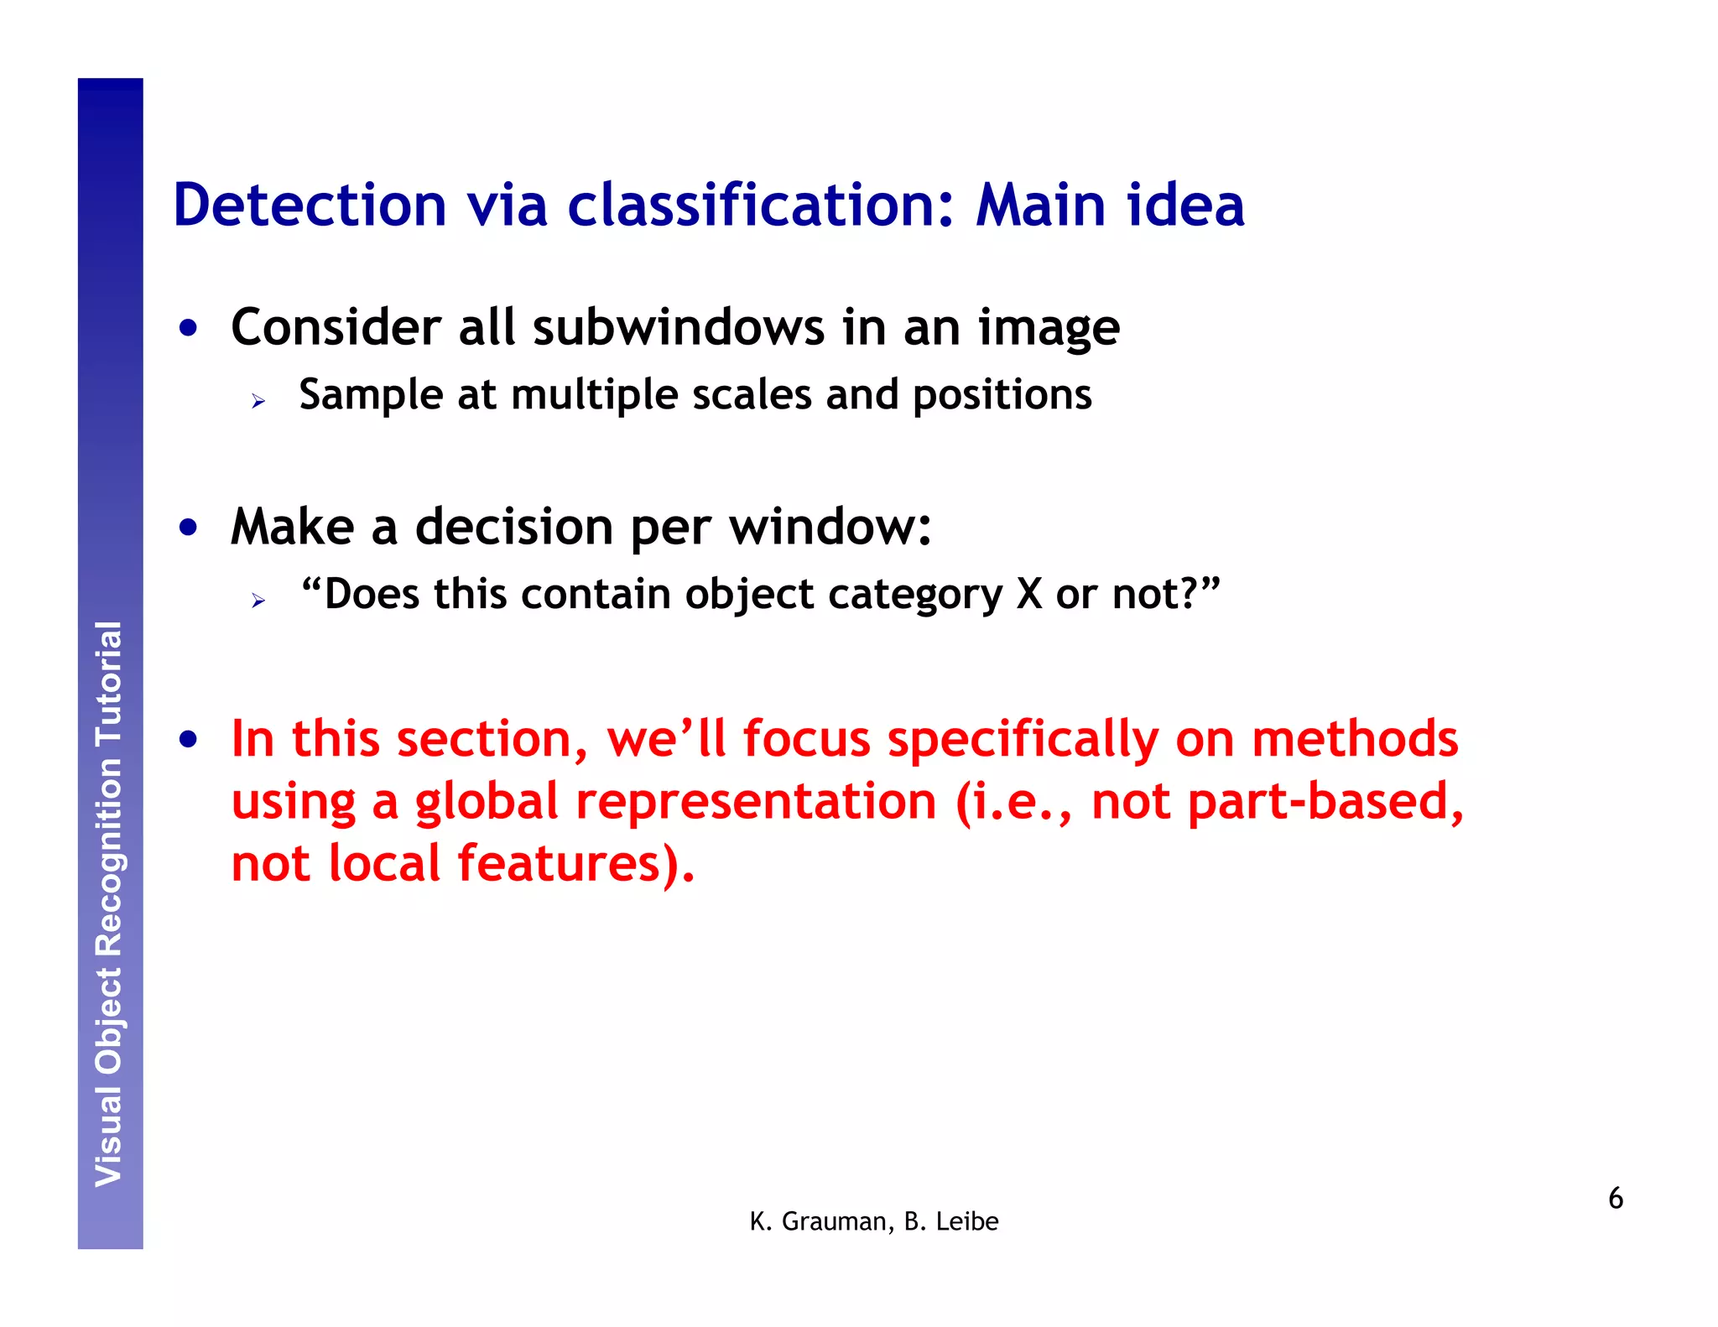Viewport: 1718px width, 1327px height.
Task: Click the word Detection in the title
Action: tap(310, 206)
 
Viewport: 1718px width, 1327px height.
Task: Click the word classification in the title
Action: tap(760, 206)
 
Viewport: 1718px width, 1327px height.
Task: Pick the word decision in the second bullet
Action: tap(514, 527)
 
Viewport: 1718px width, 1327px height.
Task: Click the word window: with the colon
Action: tap(830, 527)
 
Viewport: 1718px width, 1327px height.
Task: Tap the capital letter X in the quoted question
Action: tap(1028, 595)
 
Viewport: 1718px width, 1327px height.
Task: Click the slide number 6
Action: tap(1615, 1198)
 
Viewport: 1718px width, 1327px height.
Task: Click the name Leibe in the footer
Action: tap(966, 1222)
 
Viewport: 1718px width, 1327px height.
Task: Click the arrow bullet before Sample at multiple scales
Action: tap(258, 402)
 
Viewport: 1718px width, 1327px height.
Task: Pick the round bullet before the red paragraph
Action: tap(189, 740)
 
